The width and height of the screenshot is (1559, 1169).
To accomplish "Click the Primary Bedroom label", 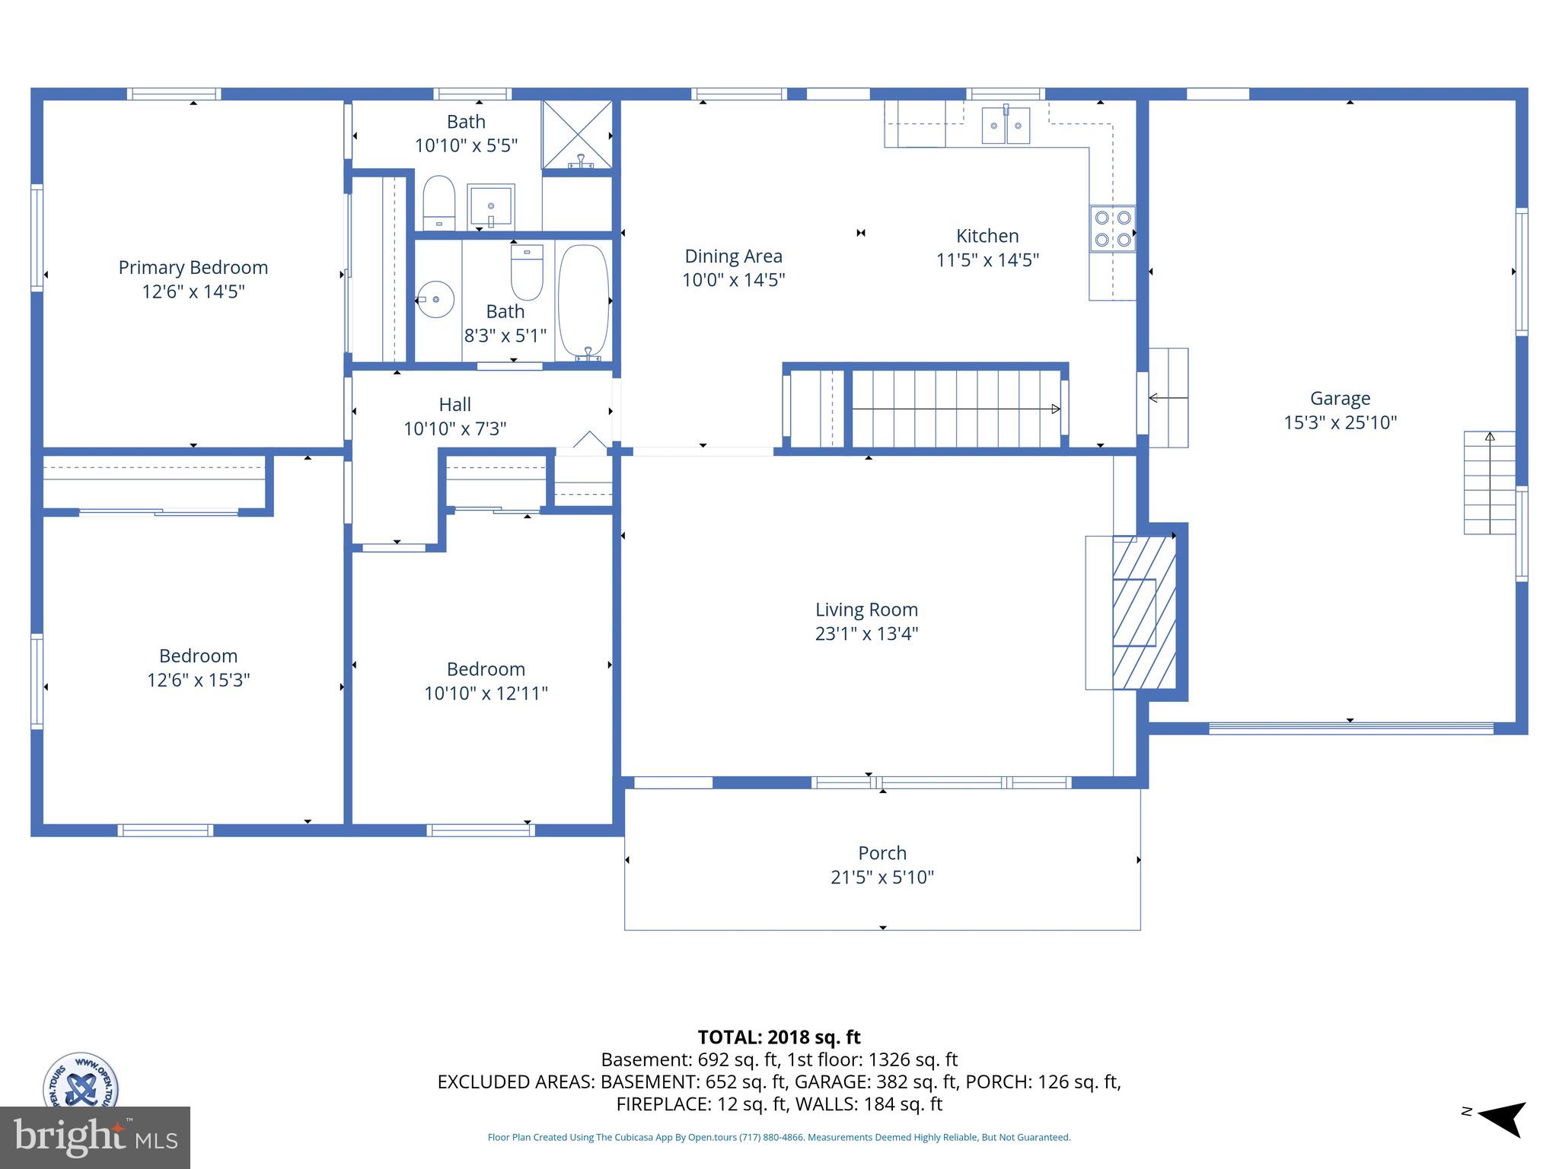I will pyautogui.click(x=193, y=268).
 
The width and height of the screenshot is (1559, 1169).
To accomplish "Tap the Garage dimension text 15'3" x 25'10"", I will pyautogui.click(x=1340, y=422).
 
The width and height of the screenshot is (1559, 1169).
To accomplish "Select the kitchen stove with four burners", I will pyautogui.click(x=1112, y=228).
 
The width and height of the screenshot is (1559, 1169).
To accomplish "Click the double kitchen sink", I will pyautogui.click(x=1006, y=126).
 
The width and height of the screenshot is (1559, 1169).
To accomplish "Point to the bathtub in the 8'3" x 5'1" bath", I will pyautogui.click(x=584, y=301).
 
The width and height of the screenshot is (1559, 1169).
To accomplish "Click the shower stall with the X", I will pyautogui.click(x=577, y=134).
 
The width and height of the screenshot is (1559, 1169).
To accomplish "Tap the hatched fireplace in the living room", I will pyautogui.click(x=1143, y=613).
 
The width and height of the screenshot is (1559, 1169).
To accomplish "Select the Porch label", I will pyautogui.click(x=882, y=853).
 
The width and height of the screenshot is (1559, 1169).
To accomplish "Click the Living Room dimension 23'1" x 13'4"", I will pyautogui.click(x=866, y=634).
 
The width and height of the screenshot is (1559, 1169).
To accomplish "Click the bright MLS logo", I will pyautogui.click(x=94, y=1137).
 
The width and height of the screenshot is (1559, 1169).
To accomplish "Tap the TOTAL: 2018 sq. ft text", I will pyautogui.click(x=779, y=1037).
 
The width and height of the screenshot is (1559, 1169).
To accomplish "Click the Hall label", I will pyautogui.click(x=454, y=405).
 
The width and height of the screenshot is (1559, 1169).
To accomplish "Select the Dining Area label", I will pyautogui.click(x=733, y=256).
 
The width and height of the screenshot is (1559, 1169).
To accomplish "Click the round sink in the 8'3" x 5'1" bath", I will pyautogui.click(x=435, y=299).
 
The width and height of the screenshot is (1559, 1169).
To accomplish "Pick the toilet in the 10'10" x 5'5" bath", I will pyautogui.click(x=438, y=202).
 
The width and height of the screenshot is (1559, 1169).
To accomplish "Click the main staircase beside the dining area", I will pyautogui.click(x=955, y=409).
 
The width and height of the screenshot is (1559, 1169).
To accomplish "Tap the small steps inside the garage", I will pyautogui.click(x=1489, y=483).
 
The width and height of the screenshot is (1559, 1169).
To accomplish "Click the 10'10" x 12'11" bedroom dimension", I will pyautogui.click(x=486, y=693).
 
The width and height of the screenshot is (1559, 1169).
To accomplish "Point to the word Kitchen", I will pyautogui.click(x=987, y=236).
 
